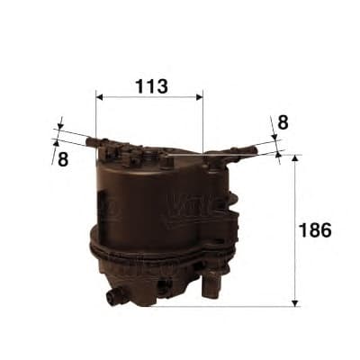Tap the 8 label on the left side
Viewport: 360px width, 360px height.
point(63,158)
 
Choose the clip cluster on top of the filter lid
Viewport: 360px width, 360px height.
point(130,154)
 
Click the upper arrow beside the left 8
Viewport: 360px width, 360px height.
point(60,126)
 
